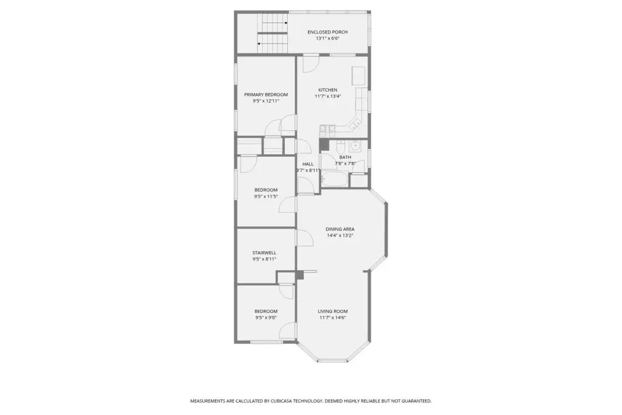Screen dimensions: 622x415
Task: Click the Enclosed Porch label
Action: click(327, 32)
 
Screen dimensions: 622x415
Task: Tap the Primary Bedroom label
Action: click(266, 94)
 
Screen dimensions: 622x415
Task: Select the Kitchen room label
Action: click(327, 90)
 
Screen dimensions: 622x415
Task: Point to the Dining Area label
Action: click(340, 229)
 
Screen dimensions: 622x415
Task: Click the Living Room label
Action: click(332, 312)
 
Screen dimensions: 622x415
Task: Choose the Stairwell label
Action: click(264, 253)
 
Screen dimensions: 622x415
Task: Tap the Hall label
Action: click(308, 164)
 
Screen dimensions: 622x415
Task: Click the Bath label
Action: click(345, 158)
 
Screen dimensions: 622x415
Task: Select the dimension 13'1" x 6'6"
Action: click(327, 38)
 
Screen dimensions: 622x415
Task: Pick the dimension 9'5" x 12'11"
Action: click(266, 101)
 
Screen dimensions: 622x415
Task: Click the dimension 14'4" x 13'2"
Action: click(340, 235)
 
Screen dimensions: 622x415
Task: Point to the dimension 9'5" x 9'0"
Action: click(266, 318)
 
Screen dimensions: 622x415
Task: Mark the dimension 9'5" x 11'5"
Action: click(266, 197)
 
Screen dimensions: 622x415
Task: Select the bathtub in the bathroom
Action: click(335, 180)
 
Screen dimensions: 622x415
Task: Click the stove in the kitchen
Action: click(327, 128)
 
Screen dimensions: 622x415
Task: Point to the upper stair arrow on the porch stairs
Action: click(275, 23)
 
